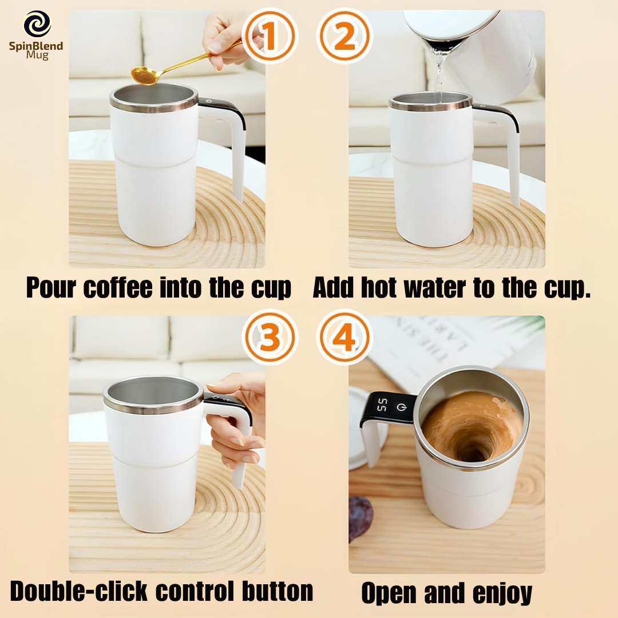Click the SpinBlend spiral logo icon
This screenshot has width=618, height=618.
37,24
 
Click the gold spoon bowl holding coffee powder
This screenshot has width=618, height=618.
144,76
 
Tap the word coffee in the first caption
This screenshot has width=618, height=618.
118,287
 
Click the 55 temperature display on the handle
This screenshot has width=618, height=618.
382,405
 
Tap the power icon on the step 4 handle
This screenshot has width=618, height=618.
402,407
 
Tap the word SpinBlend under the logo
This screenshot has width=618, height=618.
36,46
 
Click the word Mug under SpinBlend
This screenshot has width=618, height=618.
37,55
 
